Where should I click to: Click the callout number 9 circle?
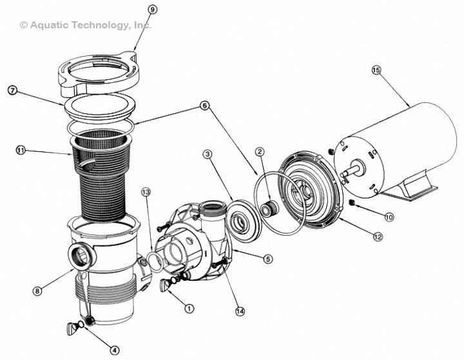click(x=152, y=9)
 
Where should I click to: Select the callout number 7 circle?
click(x=12, y=90)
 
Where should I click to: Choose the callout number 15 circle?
click(x=376, y=70)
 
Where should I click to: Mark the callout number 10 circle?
click(x=389, y=217)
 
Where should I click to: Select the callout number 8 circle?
click(x=39, y=291)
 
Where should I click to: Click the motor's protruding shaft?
click(x=347, y=172)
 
